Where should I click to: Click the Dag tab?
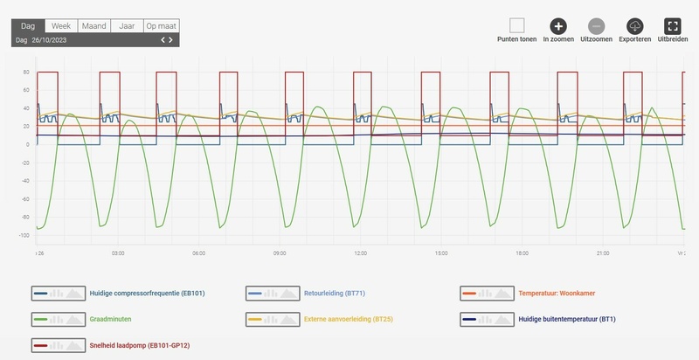28,26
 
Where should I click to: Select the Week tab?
61,26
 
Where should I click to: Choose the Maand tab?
93,26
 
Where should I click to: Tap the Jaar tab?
126,26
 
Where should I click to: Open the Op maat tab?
162,26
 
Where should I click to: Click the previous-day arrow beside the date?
163,40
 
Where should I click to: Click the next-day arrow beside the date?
171,40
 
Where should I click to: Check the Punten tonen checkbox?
517,26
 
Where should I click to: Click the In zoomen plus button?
558,26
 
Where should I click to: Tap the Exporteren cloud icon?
635,26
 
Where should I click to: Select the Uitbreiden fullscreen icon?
673,26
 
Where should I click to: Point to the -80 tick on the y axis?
27,218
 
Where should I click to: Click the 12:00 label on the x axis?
360,253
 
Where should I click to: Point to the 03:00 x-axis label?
119,253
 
